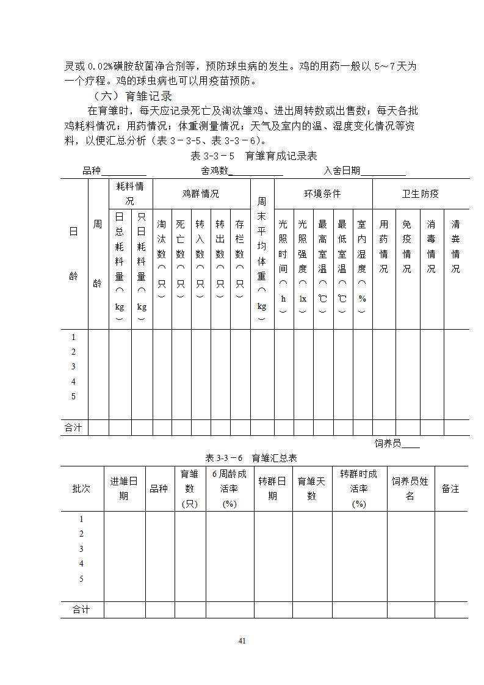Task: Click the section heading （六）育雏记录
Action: pyautogui.click(x=132, y=96)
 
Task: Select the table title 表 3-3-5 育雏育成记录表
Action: pyautogui.click(x=254, y=156)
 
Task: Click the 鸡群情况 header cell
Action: pyautogui.click(x=201, y=194)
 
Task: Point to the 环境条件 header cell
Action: pyautogui.click(x=323, y=194)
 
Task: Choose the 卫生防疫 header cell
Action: pyautogui.click(x=420, y=194)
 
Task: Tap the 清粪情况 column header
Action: pyautogui.click(x=455, y=247)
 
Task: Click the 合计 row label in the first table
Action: pyautogui.click(x=73, y=427)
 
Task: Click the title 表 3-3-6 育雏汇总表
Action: pyautogui.click(x=251, y=458)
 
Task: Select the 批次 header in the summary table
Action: pyautogui.click(x=81, y=488)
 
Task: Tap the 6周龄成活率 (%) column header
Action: pyautogui.click(x=229, y=488)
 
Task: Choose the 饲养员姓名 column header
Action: pyautogui.click(x=410, y=488)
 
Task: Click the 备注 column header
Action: pyautogui.click(x=450, y=488)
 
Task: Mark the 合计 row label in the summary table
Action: pyautogui.click(x=81, y=609)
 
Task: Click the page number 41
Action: pyautogui.click(x=242, y=640)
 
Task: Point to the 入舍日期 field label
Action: pyautogui.click(x=342, y=171)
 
